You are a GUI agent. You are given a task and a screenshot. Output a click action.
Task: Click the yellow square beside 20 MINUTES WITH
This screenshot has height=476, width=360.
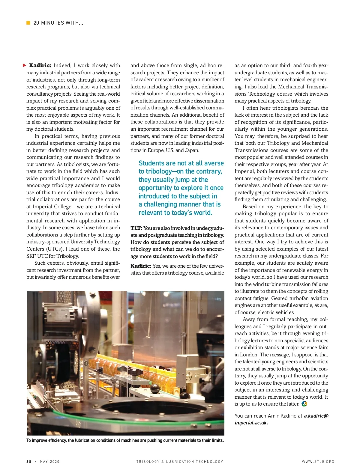click(x=28, y=23)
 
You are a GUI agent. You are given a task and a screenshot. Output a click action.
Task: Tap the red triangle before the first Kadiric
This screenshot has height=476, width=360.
click(x=25, y=65)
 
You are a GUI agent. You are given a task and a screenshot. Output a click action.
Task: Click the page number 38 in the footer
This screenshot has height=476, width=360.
click(x=29, y=462)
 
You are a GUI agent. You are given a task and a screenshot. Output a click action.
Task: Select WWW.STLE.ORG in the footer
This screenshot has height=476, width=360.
click(x=318, y=462)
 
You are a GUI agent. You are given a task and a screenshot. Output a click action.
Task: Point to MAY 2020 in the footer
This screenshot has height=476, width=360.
click(x=49, y=462)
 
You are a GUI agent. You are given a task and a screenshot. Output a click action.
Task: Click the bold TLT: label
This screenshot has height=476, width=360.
click(x=136, y=228)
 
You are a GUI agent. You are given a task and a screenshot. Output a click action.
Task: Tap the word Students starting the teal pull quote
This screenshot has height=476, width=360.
click(x=151, y=163)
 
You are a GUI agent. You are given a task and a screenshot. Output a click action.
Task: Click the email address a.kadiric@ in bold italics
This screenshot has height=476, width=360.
click(x=316, y=416)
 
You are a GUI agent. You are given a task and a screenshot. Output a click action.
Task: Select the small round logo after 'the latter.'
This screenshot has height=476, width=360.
click(x=304, y=404)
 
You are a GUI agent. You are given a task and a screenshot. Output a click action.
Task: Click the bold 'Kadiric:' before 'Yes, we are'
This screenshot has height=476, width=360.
click(x=141, y=266)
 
